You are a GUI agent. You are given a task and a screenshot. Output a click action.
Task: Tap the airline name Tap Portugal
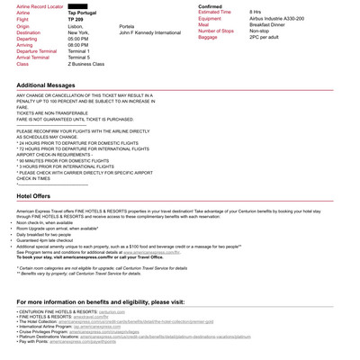click(x=83, y=13)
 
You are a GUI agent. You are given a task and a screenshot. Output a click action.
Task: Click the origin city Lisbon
click(x=76, y=27)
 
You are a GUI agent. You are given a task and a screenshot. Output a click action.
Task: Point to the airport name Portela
click(x=126, y=27)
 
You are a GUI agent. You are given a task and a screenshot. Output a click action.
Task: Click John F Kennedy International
click(x=149, y=32)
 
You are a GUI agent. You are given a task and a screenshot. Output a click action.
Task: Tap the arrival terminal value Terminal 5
click(x=80, y=58)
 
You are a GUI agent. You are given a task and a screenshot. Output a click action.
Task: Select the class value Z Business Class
click(x=86, y=64)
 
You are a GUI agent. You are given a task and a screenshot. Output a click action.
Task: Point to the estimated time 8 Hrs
click(x=256, y=12)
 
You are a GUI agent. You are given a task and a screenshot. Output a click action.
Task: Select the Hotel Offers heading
click(x=33, y=195)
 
